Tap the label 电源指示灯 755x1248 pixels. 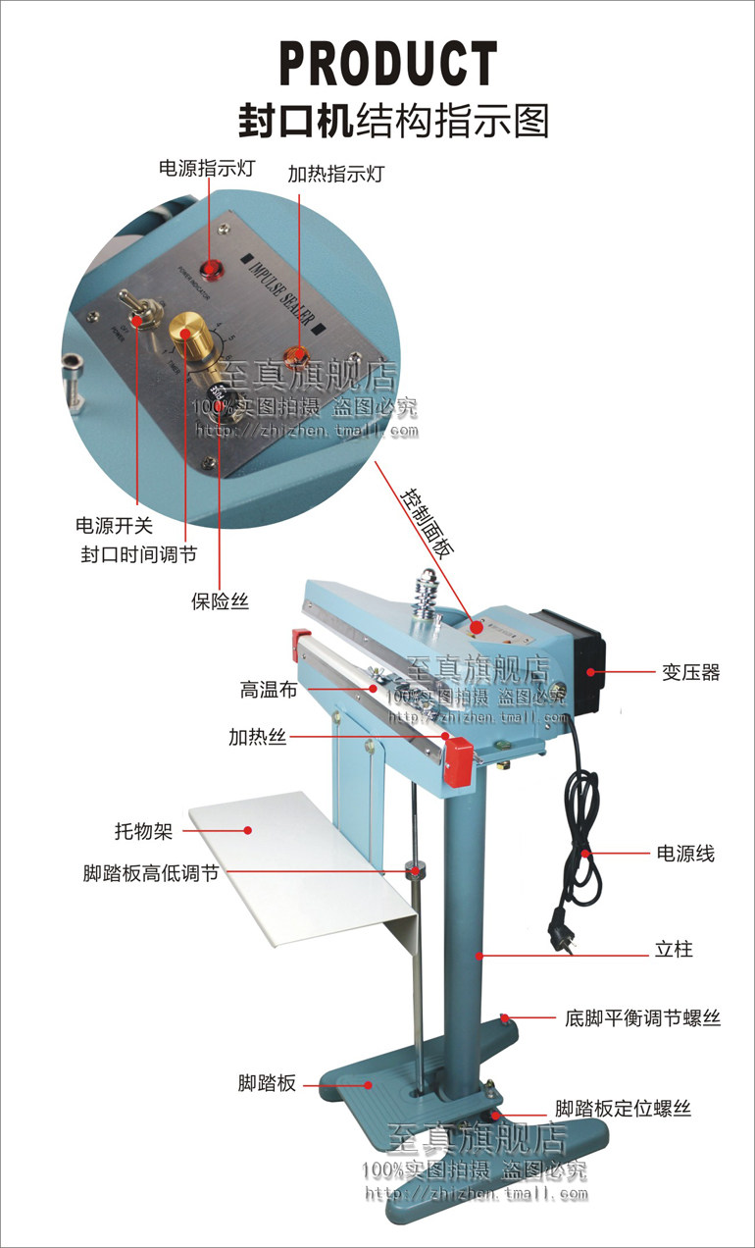pos(206,168)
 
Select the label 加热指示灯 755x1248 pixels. pos(335,174)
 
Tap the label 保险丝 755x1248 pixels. pos(220,600)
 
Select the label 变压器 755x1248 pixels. pos(689,673)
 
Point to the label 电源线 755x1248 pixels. pos(685,853)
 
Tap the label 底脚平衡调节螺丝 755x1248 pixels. pos(642,1018)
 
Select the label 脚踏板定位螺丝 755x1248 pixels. pos(623,1109)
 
